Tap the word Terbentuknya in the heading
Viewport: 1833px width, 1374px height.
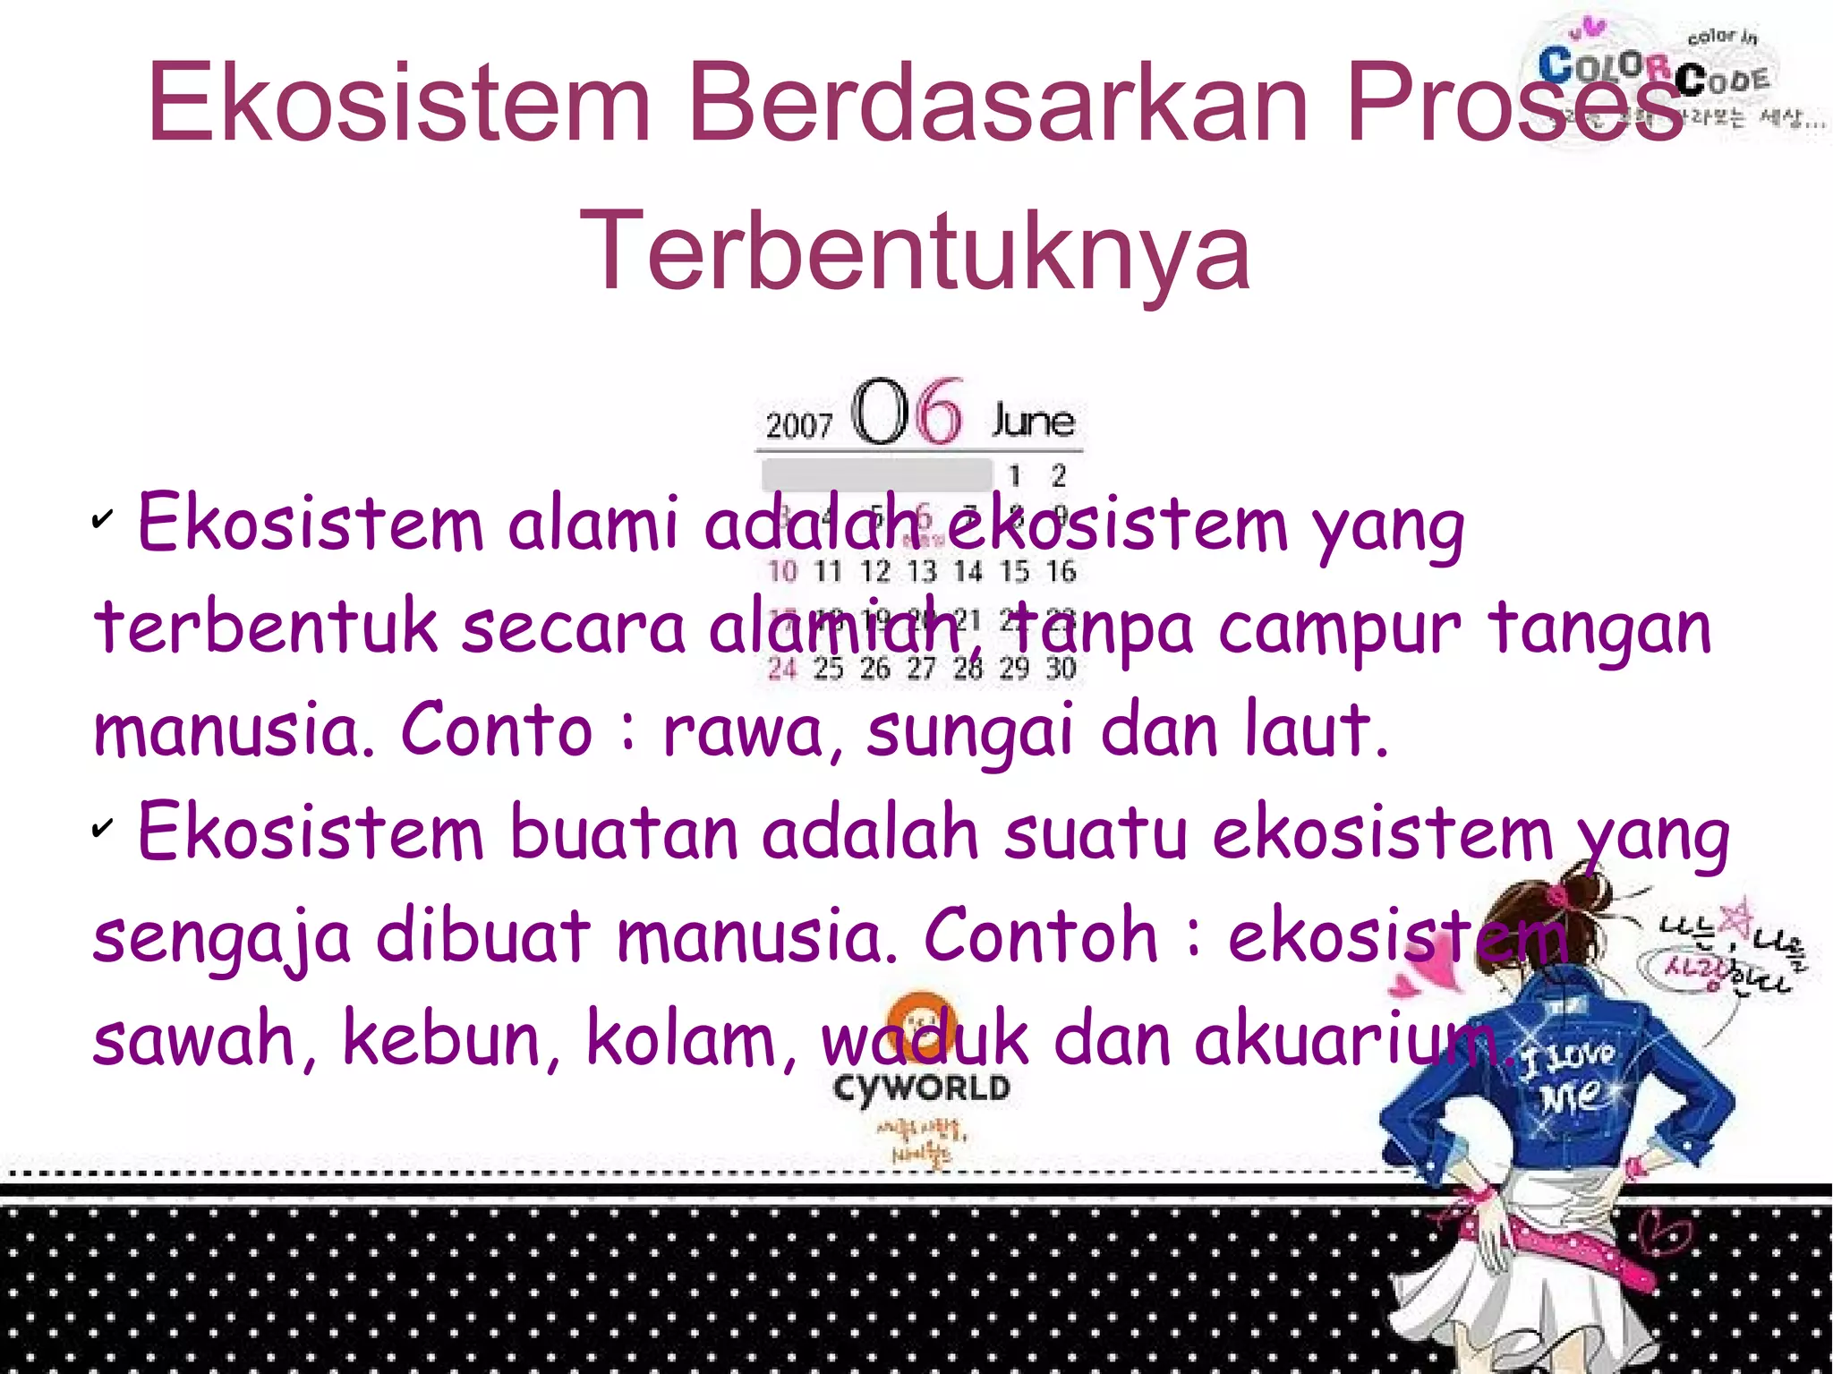[x=915, y=251]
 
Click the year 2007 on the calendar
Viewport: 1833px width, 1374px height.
[x=798, y=424]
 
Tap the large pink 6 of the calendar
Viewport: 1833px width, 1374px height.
[x=940, y=412]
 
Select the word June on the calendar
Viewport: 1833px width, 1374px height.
[x=1033, y=421]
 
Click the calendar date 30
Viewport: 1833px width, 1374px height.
[x=1061, y=668]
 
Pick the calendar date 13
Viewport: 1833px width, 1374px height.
[x=921, y=571]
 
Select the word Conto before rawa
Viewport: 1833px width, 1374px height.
[x=496, y=730]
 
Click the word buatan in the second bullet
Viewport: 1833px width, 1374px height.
[x=623, y=833]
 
